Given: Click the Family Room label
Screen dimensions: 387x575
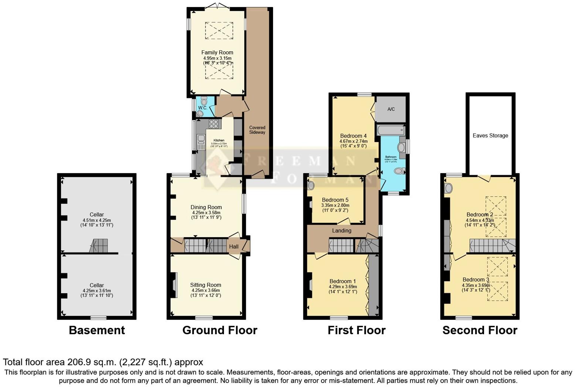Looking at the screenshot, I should tap(217, 52).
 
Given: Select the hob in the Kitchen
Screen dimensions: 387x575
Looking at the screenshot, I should tap(214, 124).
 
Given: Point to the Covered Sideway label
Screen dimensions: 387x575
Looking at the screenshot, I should tap(257, 130).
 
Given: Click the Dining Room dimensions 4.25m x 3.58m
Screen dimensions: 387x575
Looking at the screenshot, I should tap(206, 213).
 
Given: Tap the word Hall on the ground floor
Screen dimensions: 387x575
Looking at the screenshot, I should tap(234, 247).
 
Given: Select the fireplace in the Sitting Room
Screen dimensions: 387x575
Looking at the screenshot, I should tap(174, 284).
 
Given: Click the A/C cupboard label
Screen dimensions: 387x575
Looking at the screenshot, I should tap(391, 109).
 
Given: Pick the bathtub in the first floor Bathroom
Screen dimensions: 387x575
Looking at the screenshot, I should tap(390, 130).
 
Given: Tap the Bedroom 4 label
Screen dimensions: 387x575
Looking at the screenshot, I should tap(353, 136).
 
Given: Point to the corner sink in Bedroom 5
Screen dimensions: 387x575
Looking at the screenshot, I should tap(311, 185).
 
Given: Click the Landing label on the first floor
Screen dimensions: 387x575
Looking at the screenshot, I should tap(341, 230).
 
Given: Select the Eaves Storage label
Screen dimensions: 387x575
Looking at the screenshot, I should tap(490, 136).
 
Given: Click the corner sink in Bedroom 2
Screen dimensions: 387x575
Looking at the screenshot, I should tap(449, 188).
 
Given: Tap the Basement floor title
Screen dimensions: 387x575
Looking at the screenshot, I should tap(97, 330).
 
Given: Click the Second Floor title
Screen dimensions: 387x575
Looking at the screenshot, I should tap(480, 330).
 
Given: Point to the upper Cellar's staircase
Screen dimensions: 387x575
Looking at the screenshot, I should tap(99, 246).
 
